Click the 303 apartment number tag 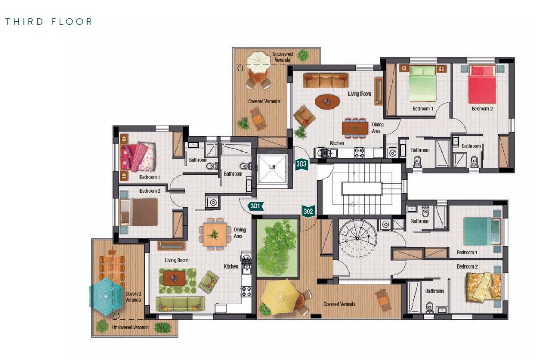[x=301, y=165]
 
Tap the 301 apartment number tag [x=255, y=206]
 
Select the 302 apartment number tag [x=308, y=211]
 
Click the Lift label [x=272, y=167]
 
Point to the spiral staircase [x=358, y=238]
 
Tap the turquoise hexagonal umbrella [x=106, y=296]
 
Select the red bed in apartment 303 [x=482, y=85]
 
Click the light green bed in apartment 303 [x=423, y=84]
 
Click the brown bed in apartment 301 [x=139, y=212]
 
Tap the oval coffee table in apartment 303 [x=327, y=101]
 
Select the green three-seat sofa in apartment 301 [x=180, y=304]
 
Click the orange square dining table [x=215, y=234]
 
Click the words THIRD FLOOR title [x=49, y=21]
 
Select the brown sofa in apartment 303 [x=326, y=80]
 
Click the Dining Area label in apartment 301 [x=239, y=233]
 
